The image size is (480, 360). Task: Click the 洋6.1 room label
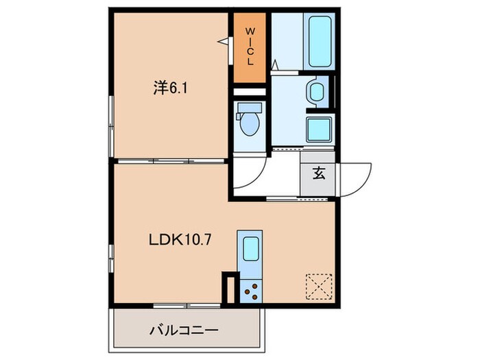click(167, 87)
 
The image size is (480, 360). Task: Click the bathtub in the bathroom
click(320, 41)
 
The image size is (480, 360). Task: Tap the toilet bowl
click(248, 125)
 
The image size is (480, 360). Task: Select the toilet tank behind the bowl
click(248, 108)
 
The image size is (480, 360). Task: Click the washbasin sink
click(317, 92)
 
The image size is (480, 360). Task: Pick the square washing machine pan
click(319, 128)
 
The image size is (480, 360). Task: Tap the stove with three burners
click(250, 291)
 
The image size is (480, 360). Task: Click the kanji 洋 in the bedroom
click(159, 87)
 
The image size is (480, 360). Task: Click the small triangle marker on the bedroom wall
click(224, 43)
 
